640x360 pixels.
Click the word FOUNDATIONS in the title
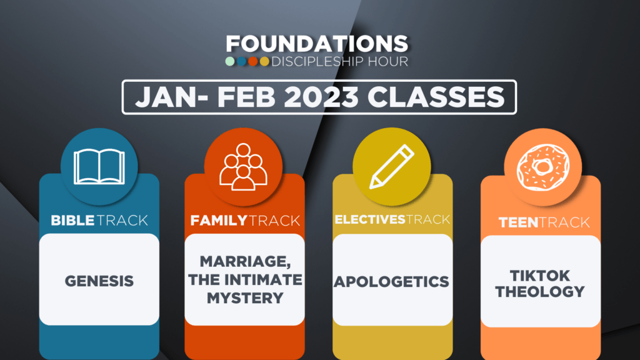317,44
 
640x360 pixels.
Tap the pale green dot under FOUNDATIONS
230,61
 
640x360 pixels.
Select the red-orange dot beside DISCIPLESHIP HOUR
253,61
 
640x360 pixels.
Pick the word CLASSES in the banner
436,97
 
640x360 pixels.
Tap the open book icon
99,166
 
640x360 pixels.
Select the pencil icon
392,166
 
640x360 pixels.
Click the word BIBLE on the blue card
72,221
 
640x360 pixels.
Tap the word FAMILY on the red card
219,221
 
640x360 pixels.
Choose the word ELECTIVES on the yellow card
370,219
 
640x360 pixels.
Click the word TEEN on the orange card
518,222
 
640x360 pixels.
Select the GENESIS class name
99,281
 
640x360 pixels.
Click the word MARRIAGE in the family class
245,262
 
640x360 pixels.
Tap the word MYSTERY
245,298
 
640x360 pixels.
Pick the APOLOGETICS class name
391,282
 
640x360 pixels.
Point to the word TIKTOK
540,276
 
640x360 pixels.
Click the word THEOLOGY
540,292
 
